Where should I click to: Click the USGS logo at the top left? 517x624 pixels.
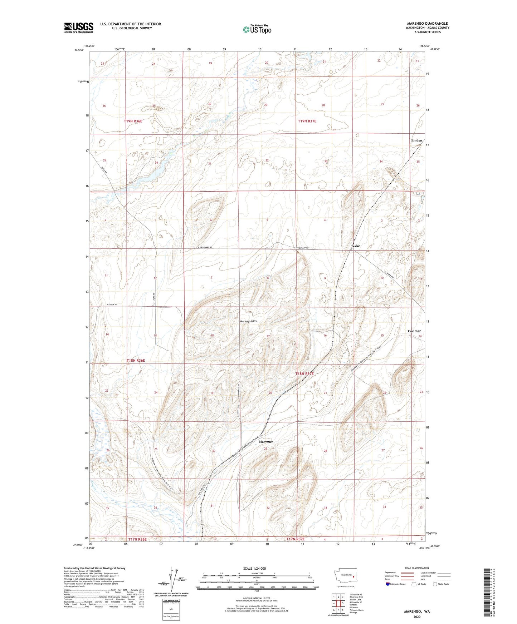pos(79,27)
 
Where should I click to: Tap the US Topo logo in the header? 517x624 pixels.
pos(257,29)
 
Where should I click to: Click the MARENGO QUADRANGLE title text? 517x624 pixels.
pos(427,24)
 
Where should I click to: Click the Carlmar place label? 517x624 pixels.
pos(414,331)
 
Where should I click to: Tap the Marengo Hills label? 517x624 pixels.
pos(248,321)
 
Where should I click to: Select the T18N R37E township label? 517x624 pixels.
pos(304,373)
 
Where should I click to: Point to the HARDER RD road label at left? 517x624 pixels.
pos(102,304)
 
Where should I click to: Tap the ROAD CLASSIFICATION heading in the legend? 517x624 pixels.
pos(416,568)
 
